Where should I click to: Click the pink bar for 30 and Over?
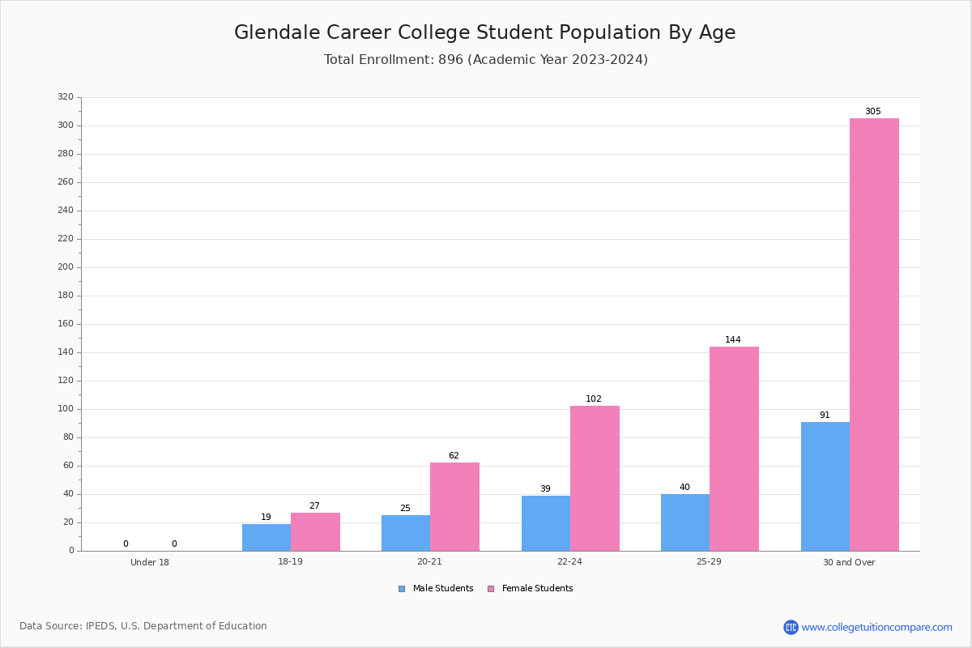coord(874,335)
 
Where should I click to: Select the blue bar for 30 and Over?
coord(825,487)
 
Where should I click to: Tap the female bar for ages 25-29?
coord(734,449)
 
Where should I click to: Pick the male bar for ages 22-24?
coord(546,523)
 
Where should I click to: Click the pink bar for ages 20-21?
coord(454,507)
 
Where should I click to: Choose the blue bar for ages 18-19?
coord(266,538)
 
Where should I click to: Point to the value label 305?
coord(873,111)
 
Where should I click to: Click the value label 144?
coord(733,339)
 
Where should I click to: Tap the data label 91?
coord(825,415)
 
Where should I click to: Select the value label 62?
coord(454,455)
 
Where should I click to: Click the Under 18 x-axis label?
coord(150,562)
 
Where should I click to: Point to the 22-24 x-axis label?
coord(569,561)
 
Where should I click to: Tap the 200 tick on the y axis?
coord(66,267)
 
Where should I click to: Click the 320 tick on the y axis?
coord(66,96)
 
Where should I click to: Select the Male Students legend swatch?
coord(402,589)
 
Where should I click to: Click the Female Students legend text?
coord(537,588)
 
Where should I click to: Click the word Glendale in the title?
coord(277,32)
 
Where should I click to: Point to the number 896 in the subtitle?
coord(450,59)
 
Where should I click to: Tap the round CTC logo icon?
coord(791,627)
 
